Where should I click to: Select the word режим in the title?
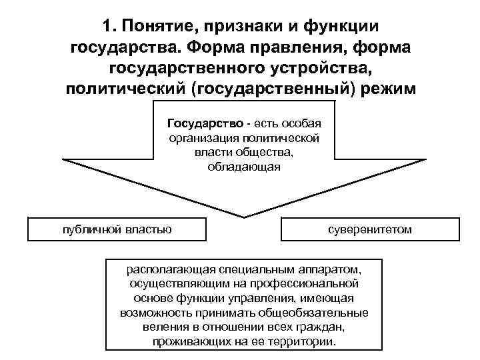tap(389, 89)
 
